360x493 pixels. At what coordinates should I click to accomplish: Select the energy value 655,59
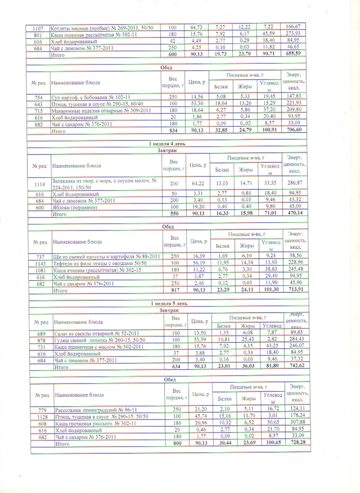point(293,53)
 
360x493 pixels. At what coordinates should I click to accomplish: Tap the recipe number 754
point(38,97)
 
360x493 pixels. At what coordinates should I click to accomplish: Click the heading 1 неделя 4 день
point(167,144)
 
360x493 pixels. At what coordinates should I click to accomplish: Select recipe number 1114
point(39,184)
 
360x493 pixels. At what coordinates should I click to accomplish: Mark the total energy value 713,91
point(296,290)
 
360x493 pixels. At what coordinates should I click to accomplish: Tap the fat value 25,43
point(247,339)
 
